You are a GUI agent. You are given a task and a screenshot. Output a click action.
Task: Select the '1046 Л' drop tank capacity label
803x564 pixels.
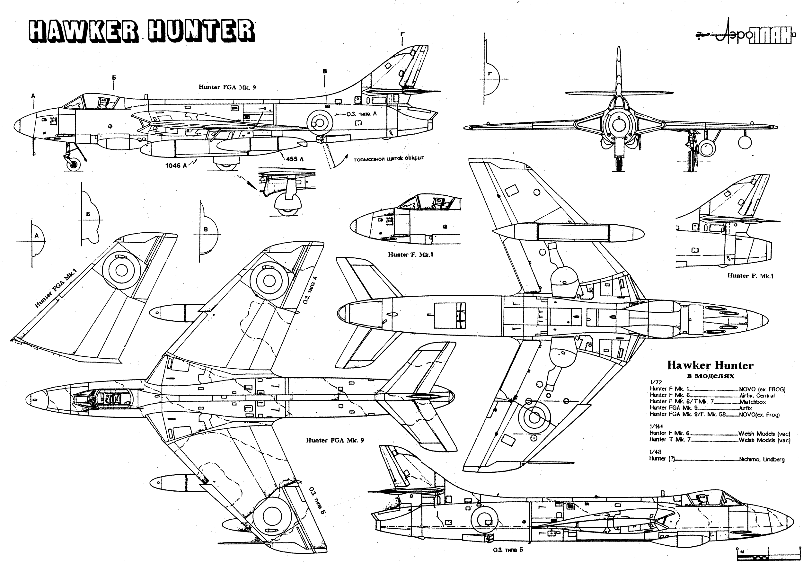pyautogui.click(x=176, y=166)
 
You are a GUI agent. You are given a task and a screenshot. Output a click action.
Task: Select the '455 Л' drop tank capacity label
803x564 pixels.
pyautogui.click(x=295, y=159)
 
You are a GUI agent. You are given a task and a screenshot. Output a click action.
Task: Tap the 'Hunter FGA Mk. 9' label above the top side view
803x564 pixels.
pyautogui.click(x=227, y=87)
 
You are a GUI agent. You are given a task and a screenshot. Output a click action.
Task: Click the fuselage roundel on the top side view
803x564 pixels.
pyautogui.click(x=320, y=122)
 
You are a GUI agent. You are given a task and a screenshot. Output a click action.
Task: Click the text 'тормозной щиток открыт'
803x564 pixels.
pyautogui.click(x=389, y=159)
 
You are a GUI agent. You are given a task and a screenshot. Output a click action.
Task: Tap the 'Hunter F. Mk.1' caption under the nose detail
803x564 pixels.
pyautogui.click(x=410, y=255)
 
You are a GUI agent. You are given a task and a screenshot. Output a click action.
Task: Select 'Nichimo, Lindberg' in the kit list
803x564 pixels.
pyautogui.click(x=762, y=459)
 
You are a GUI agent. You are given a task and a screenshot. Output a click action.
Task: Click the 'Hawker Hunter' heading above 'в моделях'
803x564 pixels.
pyautogui.click(x=710, y=365)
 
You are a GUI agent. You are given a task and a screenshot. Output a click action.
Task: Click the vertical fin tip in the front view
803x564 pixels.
pyautogui.click(x=619, y=49)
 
